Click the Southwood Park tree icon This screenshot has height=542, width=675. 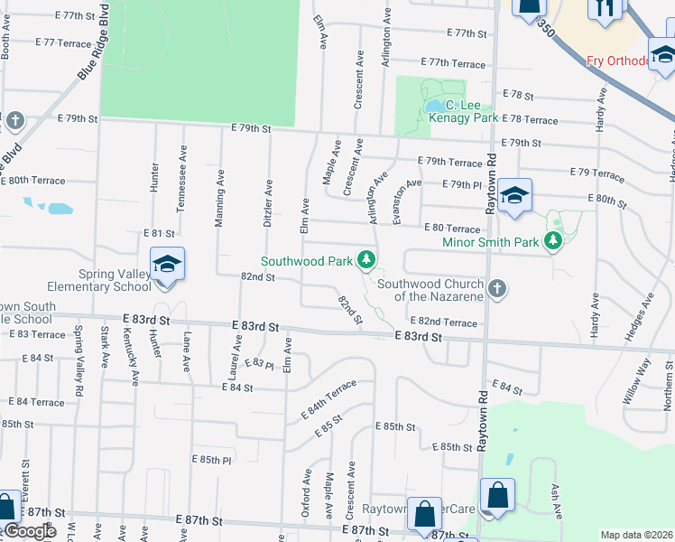(366, 260)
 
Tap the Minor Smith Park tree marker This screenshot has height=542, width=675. (552, 241)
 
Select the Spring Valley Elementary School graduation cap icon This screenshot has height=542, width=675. (167, 265)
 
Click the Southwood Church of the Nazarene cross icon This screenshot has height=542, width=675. (495, 288)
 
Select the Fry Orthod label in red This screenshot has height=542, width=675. (617, 61)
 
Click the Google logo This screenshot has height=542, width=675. (30, 531)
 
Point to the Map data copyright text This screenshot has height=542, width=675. (636, 535)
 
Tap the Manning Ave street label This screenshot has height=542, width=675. (219, 201)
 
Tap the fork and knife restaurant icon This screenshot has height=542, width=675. (604, 8)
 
